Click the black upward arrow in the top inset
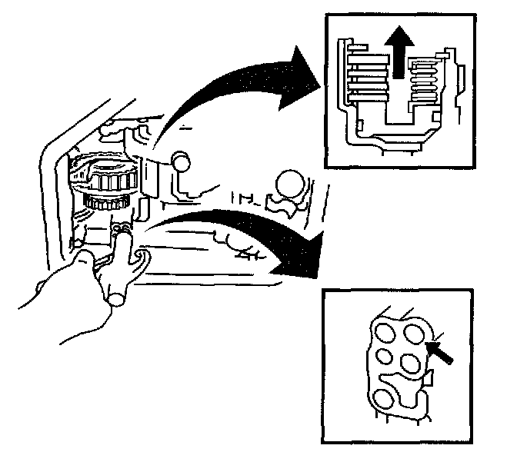click(x=397, y=57)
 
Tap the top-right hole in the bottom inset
click(x=415, y=332)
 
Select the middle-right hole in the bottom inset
click(x=409, y=361)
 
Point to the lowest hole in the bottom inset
click(x=382, y=398)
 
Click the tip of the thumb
click(x=117, y=295)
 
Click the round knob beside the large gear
click(x=181, y=162)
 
